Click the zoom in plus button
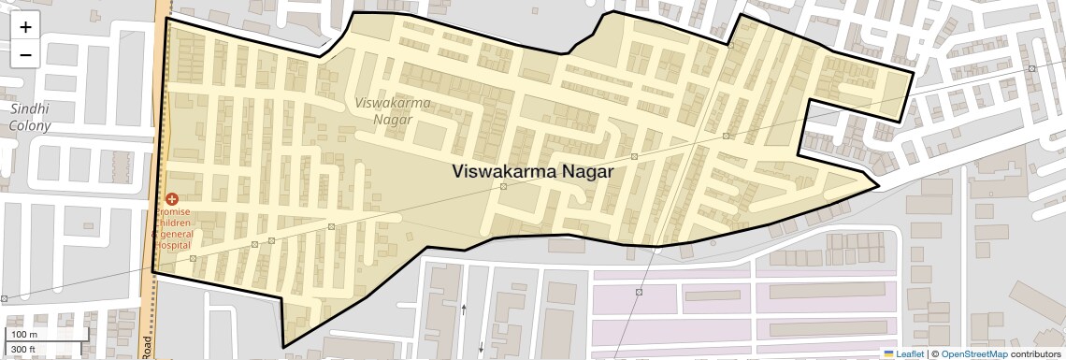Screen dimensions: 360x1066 [25, 27]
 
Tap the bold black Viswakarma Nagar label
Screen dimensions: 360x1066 [532, 172]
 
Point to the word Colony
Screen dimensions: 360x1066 [30, 124]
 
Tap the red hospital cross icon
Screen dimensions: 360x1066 [171, 199]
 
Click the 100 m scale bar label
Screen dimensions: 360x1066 [24, 334]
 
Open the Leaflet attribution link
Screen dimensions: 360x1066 [909, 354]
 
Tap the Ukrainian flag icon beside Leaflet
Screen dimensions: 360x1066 [888, 354]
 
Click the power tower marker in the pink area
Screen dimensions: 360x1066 [640, 293]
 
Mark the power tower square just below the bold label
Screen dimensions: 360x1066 [503, 187]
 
